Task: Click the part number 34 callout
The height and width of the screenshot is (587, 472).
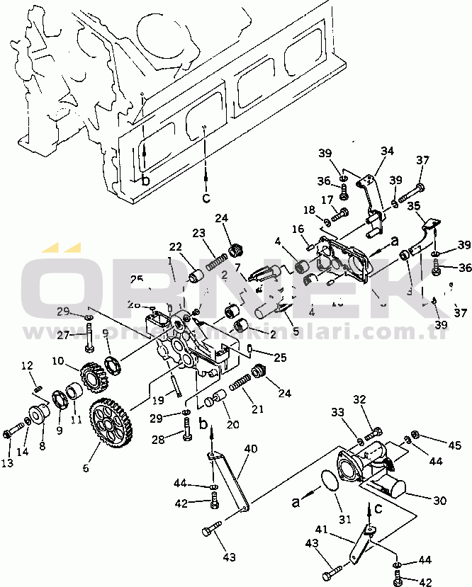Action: (386, 151)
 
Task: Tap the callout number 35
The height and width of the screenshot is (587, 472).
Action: (414, 206)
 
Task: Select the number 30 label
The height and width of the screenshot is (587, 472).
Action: (439, 501)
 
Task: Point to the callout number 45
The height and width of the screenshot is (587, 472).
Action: (454, 445)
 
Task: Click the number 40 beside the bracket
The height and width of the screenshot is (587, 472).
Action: (251, 449)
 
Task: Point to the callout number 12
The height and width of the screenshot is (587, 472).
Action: (26, 365)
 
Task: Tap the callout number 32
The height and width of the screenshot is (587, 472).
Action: (359, 400)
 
